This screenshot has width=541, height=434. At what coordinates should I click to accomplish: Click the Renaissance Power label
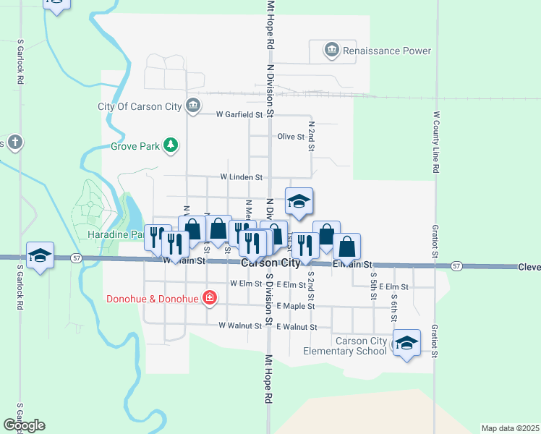coord(387,51)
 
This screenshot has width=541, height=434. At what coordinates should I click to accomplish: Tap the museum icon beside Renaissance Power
coord(332,50)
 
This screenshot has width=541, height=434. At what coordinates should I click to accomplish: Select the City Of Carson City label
coord(140,106)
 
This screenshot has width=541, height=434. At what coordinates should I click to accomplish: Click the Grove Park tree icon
coord(171,145)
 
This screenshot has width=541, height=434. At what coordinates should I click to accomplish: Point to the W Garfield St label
coord(239,114)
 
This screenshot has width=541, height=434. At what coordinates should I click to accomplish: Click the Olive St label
coord(291,136)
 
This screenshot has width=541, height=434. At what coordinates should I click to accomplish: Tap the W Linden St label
coord(241,176)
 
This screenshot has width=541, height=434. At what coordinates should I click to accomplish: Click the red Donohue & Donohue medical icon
coord(210,298)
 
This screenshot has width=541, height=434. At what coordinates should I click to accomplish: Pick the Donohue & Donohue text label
coord(153,298)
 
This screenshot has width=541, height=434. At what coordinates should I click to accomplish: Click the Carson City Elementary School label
coord(362,346)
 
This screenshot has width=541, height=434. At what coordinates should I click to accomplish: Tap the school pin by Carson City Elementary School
coord(406,343)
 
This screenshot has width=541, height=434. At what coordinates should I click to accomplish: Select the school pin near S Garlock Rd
coord(41,255)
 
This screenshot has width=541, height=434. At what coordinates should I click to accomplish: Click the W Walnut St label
coord(239,326)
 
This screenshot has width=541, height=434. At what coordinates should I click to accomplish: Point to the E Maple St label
coord(295,306)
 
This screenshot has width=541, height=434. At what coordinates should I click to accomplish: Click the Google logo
coord(24,425)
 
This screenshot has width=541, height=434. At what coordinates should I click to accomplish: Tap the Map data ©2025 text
coord(509,428)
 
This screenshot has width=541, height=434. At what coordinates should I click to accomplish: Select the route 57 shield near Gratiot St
coord(456,266)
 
